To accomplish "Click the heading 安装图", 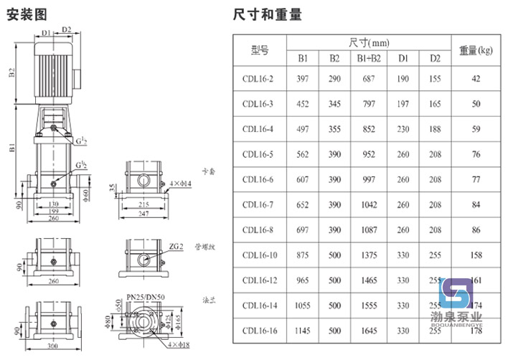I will [x=27, y=14].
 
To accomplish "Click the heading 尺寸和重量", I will [x=268, y=14].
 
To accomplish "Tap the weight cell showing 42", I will [x=476, y=78].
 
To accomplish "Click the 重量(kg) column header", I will [x=476, y=50].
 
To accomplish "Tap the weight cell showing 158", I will [x=476, y=255].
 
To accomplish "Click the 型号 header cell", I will [x=259, y=50].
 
